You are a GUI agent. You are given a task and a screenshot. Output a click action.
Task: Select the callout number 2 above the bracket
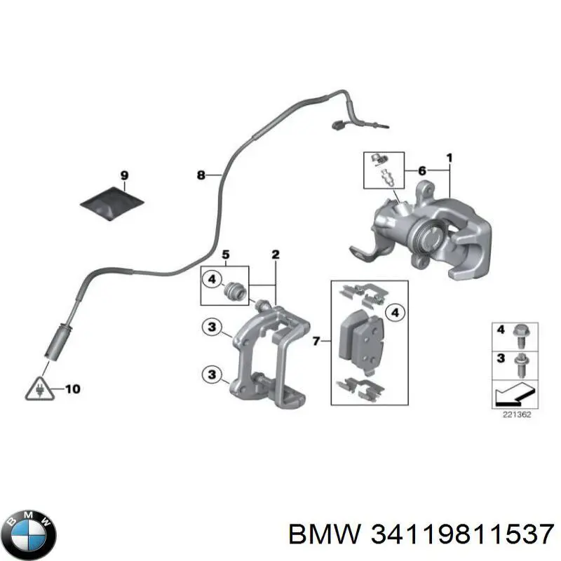click(x=275, y=254)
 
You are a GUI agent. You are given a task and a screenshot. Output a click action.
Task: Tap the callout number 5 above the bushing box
click(x=226, y=254)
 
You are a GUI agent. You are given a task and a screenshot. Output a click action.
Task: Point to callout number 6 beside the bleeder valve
click(x=422, y=170)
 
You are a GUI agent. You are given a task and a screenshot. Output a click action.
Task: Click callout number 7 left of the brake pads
click(x=316, y=342)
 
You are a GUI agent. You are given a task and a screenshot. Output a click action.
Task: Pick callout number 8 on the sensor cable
click(x=201, y=175)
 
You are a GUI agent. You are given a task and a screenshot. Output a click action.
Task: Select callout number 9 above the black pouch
click(x=124, y=175)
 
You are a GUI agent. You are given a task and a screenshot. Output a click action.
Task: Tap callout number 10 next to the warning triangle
click(x=72, y=388)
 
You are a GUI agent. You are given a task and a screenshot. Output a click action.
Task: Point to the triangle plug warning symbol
click(x=36, y=388)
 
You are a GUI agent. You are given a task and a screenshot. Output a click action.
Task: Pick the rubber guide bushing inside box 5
click(x=236, y=290)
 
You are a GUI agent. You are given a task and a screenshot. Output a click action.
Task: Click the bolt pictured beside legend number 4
click(x=521, y=334)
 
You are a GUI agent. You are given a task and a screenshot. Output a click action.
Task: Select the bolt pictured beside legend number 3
click(x=521, y=363)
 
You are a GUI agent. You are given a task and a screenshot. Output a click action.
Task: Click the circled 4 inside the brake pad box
click(x=395, y=313)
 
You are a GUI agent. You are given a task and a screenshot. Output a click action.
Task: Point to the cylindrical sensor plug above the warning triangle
click(x=55, y=348)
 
